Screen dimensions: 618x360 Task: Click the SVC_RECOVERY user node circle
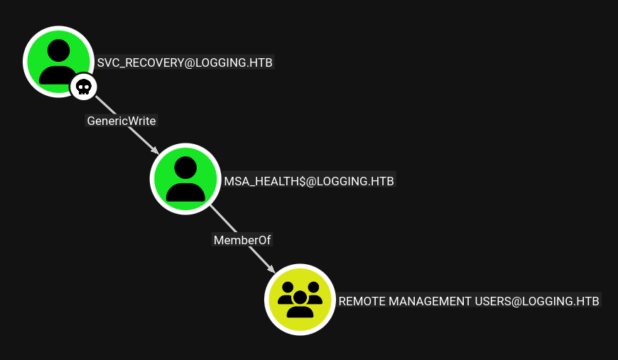coord(58,62)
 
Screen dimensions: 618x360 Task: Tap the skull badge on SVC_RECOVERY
coord(84,87)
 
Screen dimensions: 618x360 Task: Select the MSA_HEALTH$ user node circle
coord(185,179)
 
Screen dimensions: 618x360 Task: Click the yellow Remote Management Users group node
coord(300,300)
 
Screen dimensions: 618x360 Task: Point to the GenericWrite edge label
coord(121,121)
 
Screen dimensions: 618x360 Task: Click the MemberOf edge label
coord(242,240)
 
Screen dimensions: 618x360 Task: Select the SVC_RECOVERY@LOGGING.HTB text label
coord(185,62)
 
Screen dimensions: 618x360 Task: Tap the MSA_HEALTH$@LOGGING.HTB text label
coord(309,181)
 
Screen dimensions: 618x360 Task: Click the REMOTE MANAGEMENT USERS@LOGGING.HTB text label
coord(469,301)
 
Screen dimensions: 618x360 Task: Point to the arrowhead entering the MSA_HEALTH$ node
coord(156,151)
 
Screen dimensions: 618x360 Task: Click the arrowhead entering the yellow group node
coord(271,269)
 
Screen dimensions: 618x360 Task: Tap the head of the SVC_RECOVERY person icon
coord(58,50)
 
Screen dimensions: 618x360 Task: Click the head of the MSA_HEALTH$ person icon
coord(185,168)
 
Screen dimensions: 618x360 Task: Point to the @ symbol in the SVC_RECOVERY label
coord(190,63)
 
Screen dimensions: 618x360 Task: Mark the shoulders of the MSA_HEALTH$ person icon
coord(185,192)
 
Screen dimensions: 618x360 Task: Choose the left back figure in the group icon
coord(287,293)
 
